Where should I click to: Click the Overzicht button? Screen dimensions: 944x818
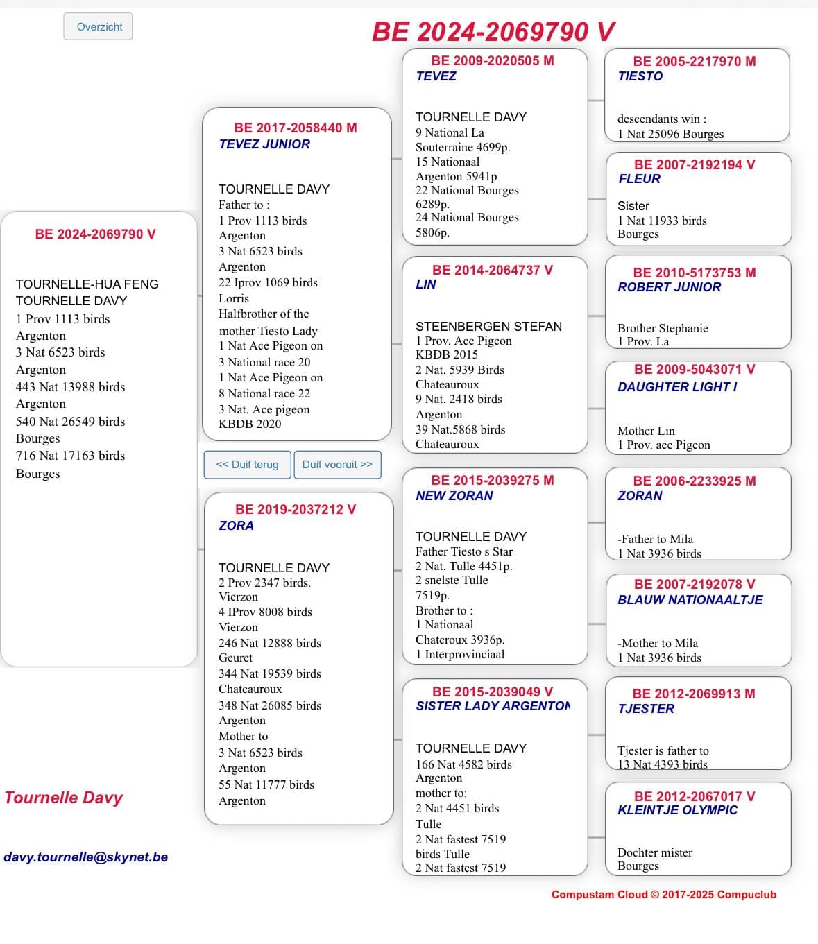(x=99, y=27)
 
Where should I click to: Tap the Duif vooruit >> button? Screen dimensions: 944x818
(x=337, y=465)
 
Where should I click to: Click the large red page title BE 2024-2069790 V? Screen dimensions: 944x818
(x=493, y=32)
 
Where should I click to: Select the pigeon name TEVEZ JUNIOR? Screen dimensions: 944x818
(x=264, y=144)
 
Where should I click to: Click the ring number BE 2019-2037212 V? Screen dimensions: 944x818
(x=296, y=510)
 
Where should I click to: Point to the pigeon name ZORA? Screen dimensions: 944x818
(x=236, y=526)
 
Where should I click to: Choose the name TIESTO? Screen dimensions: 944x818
(x=640, y=76)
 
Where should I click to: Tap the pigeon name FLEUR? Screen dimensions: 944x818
(x=639, y=179)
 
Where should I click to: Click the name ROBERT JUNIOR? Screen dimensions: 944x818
(x=669, y=287)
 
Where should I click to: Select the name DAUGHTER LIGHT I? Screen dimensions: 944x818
(x=677, y=387)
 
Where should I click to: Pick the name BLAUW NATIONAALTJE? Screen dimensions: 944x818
(x=690, y=600)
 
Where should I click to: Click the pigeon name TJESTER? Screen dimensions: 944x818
(x=645, y=709)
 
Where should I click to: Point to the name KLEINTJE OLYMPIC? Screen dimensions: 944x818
(x=677, y=810)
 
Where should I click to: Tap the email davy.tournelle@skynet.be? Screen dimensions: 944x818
(x=86, y=857)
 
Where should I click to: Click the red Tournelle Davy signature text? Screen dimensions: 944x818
(x=64, y=798)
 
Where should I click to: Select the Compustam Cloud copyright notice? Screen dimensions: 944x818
(x=664, y=895)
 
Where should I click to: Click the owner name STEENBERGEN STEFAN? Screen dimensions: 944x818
(x=488, y=327)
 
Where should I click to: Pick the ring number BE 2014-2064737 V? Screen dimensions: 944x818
(x=493, y=271)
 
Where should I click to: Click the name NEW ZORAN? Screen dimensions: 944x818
(x=454, y=496)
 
